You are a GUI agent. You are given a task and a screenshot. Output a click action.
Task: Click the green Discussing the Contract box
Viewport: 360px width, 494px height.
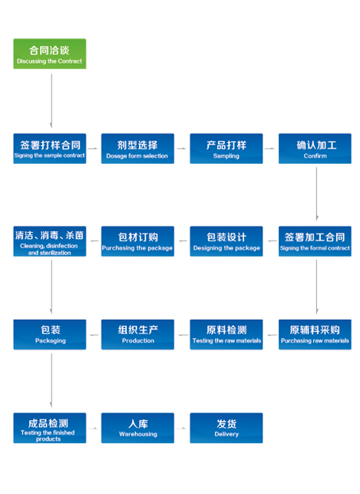point(50,54)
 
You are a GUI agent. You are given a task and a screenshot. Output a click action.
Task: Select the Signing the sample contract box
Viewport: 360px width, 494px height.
point(50,148)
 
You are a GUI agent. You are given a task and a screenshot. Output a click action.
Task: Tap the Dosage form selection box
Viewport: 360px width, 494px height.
point(137,148)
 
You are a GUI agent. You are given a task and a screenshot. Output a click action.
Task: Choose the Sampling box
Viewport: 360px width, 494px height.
point(226,148)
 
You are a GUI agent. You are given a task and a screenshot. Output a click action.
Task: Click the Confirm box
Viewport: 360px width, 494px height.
point(315,148)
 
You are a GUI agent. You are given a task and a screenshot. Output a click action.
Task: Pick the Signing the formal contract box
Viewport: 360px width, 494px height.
point(315,241)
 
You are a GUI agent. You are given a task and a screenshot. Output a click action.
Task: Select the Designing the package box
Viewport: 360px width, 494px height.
point(226,241)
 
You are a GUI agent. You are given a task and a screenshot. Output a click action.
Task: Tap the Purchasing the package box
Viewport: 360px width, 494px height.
point(137,241)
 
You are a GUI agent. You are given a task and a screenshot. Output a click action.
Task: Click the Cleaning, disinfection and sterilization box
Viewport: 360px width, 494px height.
point(50,241)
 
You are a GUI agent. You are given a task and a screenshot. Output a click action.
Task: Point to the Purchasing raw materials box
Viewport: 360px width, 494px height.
point(315,335)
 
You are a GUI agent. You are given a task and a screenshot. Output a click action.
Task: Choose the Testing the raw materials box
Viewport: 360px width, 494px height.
point(226,335)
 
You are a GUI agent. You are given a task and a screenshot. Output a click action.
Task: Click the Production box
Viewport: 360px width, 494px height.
point(137,335)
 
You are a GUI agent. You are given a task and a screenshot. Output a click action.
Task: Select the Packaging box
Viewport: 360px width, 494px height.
point(50,335)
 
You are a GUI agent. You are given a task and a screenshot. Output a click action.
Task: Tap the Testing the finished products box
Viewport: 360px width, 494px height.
point(50,428)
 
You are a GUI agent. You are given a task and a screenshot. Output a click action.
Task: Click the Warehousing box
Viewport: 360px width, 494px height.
point(137,428)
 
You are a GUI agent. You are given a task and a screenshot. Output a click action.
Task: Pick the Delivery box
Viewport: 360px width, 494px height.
point(226,428)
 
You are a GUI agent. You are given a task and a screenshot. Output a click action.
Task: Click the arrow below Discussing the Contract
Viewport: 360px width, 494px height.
point(51,101)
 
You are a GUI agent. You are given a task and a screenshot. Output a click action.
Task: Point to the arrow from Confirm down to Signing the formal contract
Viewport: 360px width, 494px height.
point(316,194)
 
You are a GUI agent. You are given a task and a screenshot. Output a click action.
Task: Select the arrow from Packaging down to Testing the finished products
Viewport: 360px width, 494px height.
point(51,380)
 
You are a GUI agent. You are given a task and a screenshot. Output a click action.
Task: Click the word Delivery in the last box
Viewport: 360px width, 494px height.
point(226,434)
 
